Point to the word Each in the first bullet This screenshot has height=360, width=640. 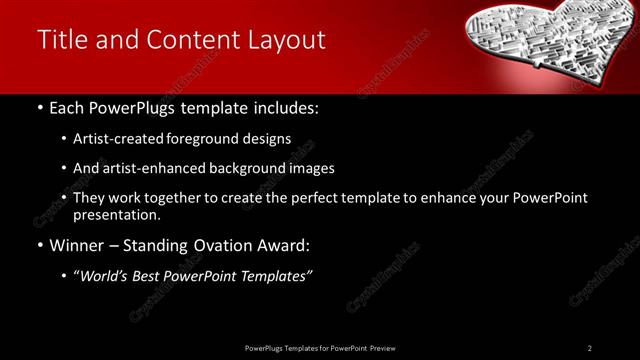[66, 106]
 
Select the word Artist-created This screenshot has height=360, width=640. [114, 139]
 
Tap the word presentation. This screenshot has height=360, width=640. [116, 214]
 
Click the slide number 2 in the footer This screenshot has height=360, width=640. [590, 348]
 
